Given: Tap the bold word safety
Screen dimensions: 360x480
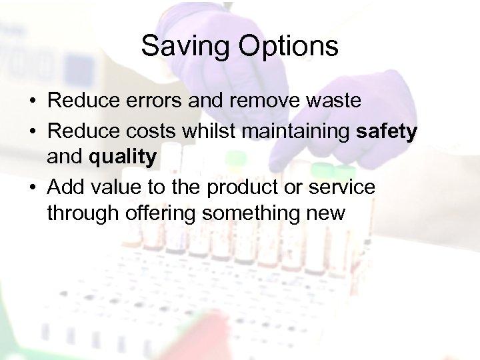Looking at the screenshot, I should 387,130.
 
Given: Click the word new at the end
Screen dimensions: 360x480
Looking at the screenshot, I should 327,215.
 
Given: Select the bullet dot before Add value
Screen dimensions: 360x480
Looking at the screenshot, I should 32,187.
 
